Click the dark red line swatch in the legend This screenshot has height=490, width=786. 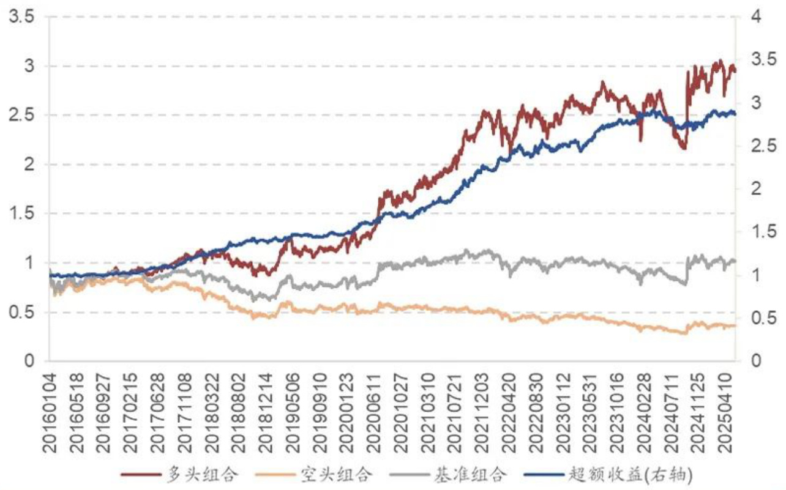137,475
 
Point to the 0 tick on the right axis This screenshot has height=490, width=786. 757,361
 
